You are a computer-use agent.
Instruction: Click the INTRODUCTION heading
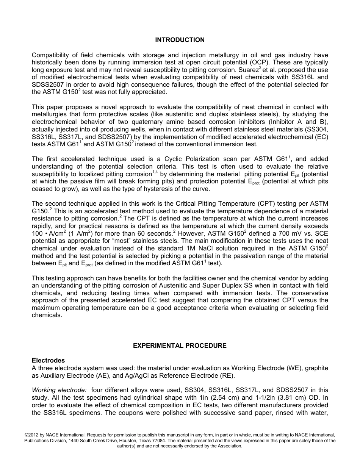pyautogui.click(x=180, y=40)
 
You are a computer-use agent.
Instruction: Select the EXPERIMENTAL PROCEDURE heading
pyautogui.click(x=180, y=346)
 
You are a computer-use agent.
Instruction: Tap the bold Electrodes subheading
pyautogui.click(x=48, y=360)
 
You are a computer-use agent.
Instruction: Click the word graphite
pyautogui.click(x=316, y=368)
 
